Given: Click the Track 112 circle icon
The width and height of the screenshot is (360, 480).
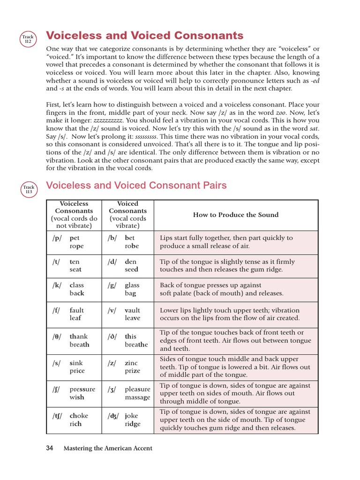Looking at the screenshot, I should (x=28, y=38).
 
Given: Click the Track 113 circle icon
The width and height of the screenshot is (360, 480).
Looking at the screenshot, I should (x=29, y=189).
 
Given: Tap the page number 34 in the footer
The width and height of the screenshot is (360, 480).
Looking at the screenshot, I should (x=50, y=448).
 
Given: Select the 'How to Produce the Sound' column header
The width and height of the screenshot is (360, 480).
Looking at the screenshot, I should (x=236, y=215).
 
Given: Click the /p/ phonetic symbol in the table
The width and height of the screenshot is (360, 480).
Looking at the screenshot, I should (x=57, y=238).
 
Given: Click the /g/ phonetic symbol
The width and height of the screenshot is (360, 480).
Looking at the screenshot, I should (x=112, y=285).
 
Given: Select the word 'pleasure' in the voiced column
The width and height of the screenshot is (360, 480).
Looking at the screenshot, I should (x=137, y=389).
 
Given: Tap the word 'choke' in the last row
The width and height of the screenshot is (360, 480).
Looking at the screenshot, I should (x=79, y=415).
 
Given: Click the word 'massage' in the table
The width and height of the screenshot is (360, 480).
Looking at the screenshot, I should (x=137, y=397).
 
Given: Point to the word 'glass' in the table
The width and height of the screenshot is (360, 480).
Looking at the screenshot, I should (x=132, y=285).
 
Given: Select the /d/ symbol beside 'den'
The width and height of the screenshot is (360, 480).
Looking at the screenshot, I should (x=112, y=262).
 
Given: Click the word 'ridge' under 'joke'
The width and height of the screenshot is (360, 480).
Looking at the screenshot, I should (x=133, y=424).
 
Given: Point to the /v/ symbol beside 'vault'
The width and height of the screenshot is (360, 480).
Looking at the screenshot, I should (x=112, y=310).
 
